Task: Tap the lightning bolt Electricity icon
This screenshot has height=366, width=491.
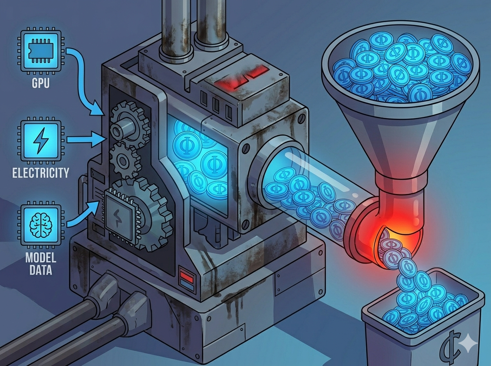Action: [41, 140]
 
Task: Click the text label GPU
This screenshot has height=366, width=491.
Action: [41, 83]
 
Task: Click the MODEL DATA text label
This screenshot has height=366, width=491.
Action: [41, 264]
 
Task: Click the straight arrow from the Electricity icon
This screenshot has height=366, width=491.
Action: [86, 140]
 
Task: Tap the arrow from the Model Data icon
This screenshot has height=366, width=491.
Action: [83, 214]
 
